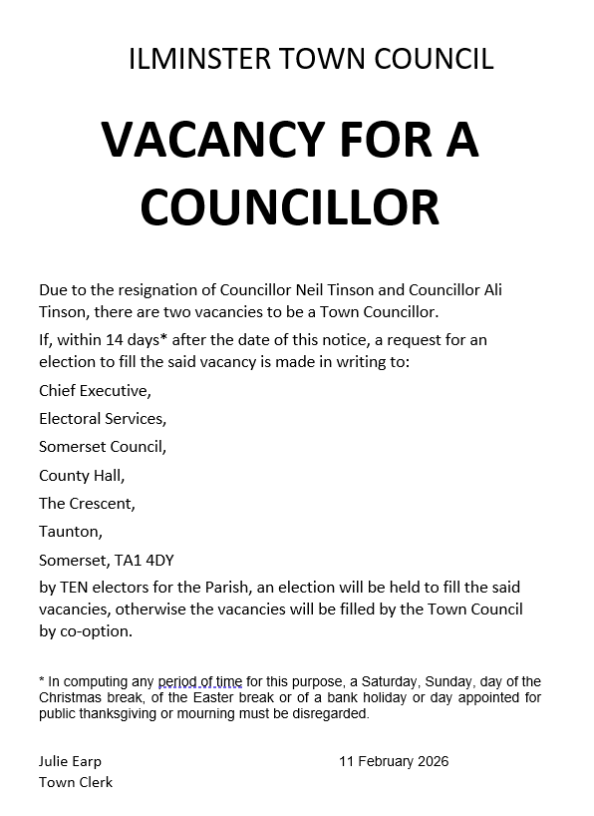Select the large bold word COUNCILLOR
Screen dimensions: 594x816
tap(289, 206)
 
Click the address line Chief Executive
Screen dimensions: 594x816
tap(95, 390)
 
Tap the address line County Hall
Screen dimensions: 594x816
tap(82, 475)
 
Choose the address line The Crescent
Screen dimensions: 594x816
tap(87, 503)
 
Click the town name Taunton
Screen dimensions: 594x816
tap(71, 532)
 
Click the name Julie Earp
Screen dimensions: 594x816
tap(70, 761)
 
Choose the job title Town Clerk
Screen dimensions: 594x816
tap(76, 782)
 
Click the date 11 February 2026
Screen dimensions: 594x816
tap(394, 761)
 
